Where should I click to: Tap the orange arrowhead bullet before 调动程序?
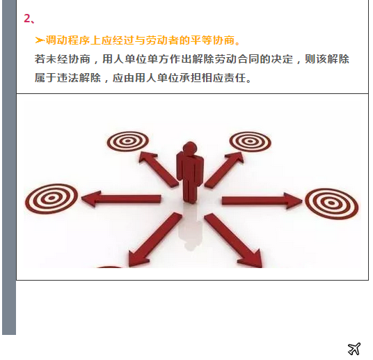pos(40,40)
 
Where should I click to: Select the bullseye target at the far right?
pos(331,203)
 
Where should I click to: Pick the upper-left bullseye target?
pos(127,141)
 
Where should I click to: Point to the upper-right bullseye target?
pos(250,141)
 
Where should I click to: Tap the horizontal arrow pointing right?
pos(262,201)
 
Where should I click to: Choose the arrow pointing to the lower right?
pos(234,241)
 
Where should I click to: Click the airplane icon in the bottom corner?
pos(354,348)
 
